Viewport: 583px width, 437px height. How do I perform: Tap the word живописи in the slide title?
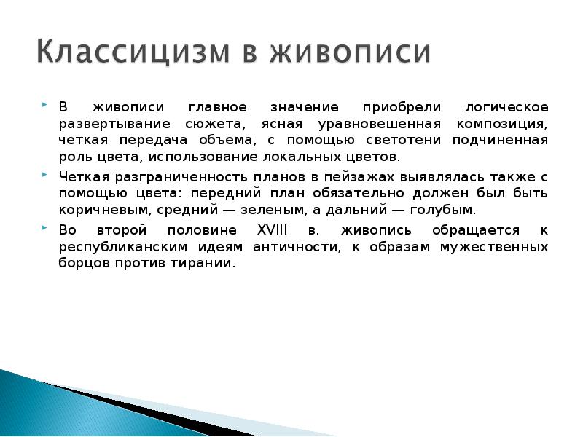(352, 53)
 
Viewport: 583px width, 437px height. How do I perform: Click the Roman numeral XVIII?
(273, 230)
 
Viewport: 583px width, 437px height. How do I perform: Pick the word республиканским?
(117, 247)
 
